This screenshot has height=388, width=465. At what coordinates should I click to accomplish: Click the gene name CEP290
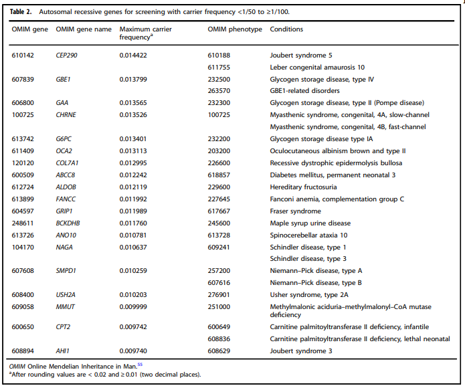[66, 56]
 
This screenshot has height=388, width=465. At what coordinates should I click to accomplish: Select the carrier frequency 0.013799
[133, 80]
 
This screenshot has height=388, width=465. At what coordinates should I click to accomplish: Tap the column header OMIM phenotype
[235, 29]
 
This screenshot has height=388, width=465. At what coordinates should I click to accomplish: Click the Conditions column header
[286, 29]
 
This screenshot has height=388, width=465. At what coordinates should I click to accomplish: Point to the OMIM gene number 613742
[23, 139]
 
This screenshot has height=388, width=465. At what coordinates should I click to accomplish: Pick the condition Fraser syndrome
[295, 211]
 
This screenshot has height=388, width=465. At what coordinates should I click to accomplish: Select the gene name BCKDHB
[68, 223]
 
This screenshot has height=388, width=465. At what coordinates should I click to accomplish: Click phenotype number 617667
[219, 211]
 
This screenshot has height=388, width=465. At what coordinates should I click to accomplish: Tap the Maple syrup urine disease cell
[310, 223]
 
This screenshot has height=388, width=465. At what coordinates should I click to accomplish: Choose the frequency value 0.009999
[133, 307]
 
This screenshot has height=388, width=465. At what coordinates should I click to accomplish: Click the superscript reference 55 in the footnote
[140, 365]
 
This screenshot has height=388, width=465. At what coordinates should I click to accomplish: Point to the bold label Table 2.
[21, 12]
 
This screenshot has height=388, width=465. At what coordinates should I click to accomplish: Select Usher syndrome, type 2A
[309, 295]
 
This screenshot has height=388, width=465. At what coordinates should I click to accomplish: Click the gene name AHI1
[63, 351]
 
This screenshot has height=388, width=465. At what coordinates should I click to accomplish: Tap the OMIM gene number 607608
[23, 271]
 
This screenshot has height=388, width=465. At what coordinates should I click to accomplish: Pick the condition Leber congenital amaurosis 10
[317, 68]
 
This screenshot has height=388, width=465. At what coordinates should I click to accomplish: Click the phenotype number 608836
[219, 339]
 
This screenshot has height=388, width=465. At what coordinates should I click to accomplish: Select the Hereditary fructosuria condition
[303, 187]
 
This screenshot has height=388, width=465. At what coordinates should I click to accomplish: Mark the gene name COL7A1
[68, 163]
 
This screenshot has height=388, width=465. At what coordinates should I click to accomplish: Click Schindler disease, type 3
[308, 259]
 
